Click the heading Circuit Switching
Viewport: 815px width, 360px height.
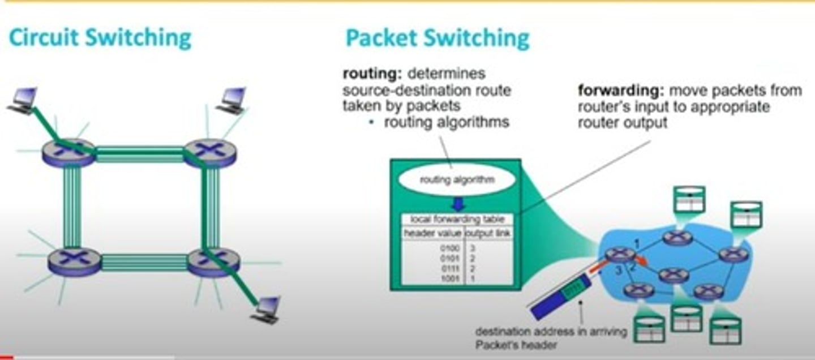pyautogui.click(x=100, y=38)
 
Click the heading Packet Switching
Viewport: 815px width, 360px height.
pyautogui.click(x=437, y=38)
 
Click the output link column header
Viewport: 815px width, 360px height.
pyautogui.click(x=488, y=233)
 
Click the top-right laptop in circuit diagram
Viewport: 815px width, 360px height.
pyautogui.click(x=232, y=101)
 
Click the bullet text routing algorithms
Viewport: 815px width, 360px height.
pyautogui.click(x=446, y=122)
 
